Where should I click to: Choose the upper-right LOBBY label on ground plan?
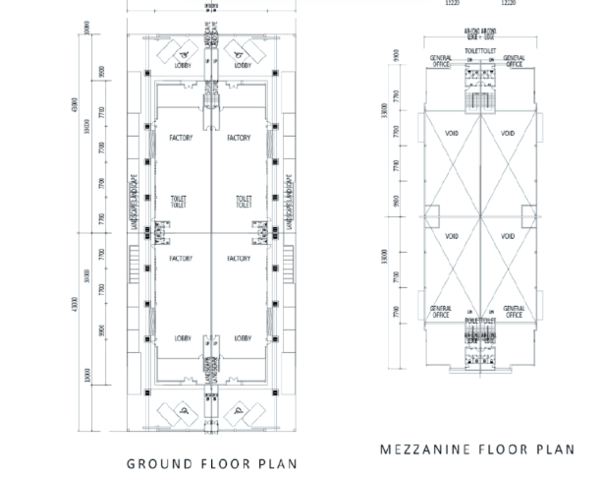[x=244, y=67]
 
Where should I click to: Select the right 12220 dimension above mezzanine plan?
[x=508, y=4]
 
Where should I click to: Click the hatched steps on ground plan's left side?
[x=134, y=261]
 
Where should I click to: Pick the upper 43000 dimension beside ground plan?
[x=72, y=103]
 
